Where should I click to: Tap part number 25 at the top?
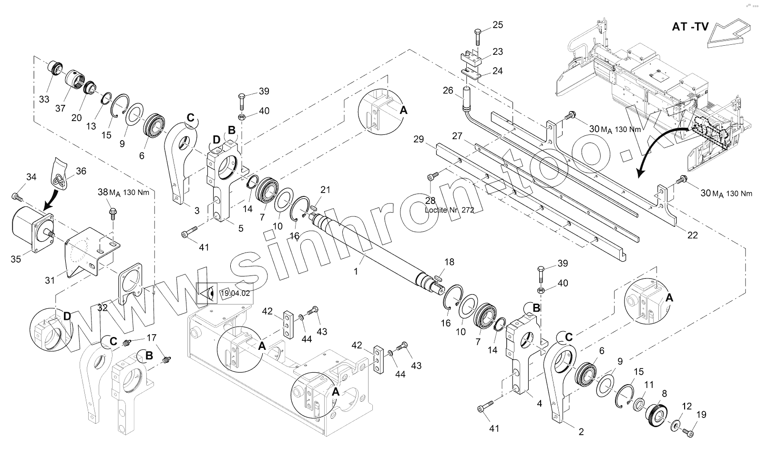tap(497, 25)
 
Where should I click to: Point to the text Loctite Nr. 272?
tap(449, 210)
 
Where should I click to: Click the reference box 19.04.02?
tap(235, 293)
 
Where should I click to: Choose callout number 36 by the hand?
tap(81, 171)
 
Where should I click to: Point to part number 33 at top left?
tap(44, 99)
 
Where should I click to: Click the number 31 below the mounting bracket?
tap(50, 281)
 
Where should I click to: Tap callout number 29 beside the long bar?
tap(419, 139)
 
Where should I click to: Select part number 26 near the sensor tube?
tap(448, 90)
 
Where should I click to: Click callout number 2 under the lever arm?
tap(581, 432)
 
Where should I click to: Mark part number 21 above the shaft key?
tap(325, 190)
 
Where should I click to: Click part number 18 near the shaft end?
tap(449, 262)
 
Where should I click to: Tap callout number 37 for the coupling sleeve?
tap(60, 108)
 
